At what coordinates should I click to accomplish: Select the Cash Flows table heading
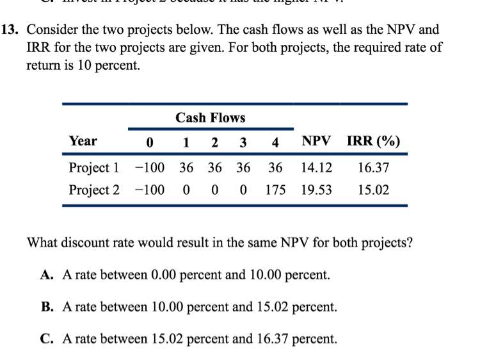(210, 118)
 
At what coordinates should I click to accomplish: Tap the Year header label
(83, 141)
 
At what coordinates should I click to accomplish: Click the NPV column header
(316, 142)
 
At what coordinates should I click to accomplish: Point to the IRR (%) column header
(374, 142)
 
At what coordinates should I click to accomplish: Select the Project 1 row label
(94, 168)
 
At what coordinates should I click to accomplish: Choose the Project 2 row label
(94, 190)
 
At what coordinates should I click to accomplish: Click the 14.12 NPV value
(316, 168)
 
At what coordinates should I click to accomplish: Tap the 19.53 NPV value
(316, 190)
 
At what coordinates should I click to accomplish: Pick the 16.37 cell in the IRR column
(374, 168)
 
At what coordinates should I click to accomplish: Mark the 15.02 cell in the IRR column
(374, 190)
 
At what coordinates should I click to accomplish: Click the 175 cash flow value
(275, 190)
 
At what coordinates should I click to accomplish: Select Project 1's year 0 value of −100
(150, 168)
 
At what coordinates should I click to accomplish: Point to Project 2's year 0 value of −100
(150, 190)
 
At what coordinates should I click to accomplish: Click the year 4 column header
(275, 142)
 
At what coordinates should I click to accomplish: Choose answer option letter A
(46, 275)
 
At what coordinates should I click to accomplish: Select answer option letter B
(46, 307)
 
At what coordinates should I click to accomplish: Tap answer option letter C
(46, 338)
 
